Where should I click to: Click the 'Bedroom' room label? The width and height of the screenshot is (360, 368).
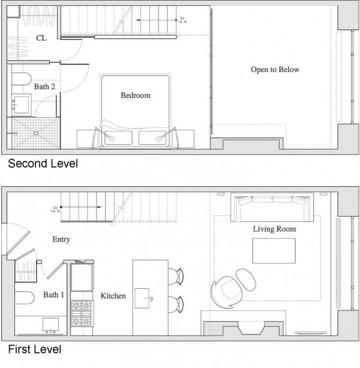coord(136,95)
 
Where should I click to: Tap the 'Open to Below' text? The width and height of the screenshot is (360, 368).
coord(275,70)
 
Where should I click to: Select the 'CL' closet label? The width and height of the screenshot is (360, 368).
coord(41,38)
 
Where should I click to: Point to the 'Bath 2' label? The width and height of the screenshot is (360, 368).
coord(44,87)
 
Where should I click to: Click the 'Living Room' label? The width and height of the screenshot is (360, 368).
coord(274,229)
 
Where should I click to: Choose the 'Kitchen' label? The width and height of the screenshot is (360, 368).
coord(113,295)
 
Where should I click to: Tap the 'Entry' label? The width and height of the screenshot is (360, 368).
coord(61,239)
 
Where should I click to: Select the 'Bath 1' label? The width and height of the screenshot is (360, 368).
coord(53,295)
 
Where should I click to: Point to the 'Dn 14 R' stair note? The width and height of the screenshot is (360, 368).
coord(182,20)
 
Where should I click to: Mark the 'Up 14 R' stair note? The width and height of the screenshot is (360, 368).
coord(55,210)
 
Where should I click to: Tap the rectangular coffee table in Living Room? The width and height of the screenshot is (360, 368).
coord(274,250)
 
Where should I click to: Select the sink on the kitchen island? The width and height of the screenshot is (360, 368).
coord(146,296)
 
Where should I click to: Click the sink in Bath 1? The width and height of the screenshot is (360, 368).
coord(49,325)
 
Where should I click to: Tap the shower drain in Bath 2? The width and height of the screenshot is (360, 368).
coord(36,133)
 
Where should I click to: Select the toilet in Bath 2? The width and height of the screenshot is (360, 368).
coord(22,80)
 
